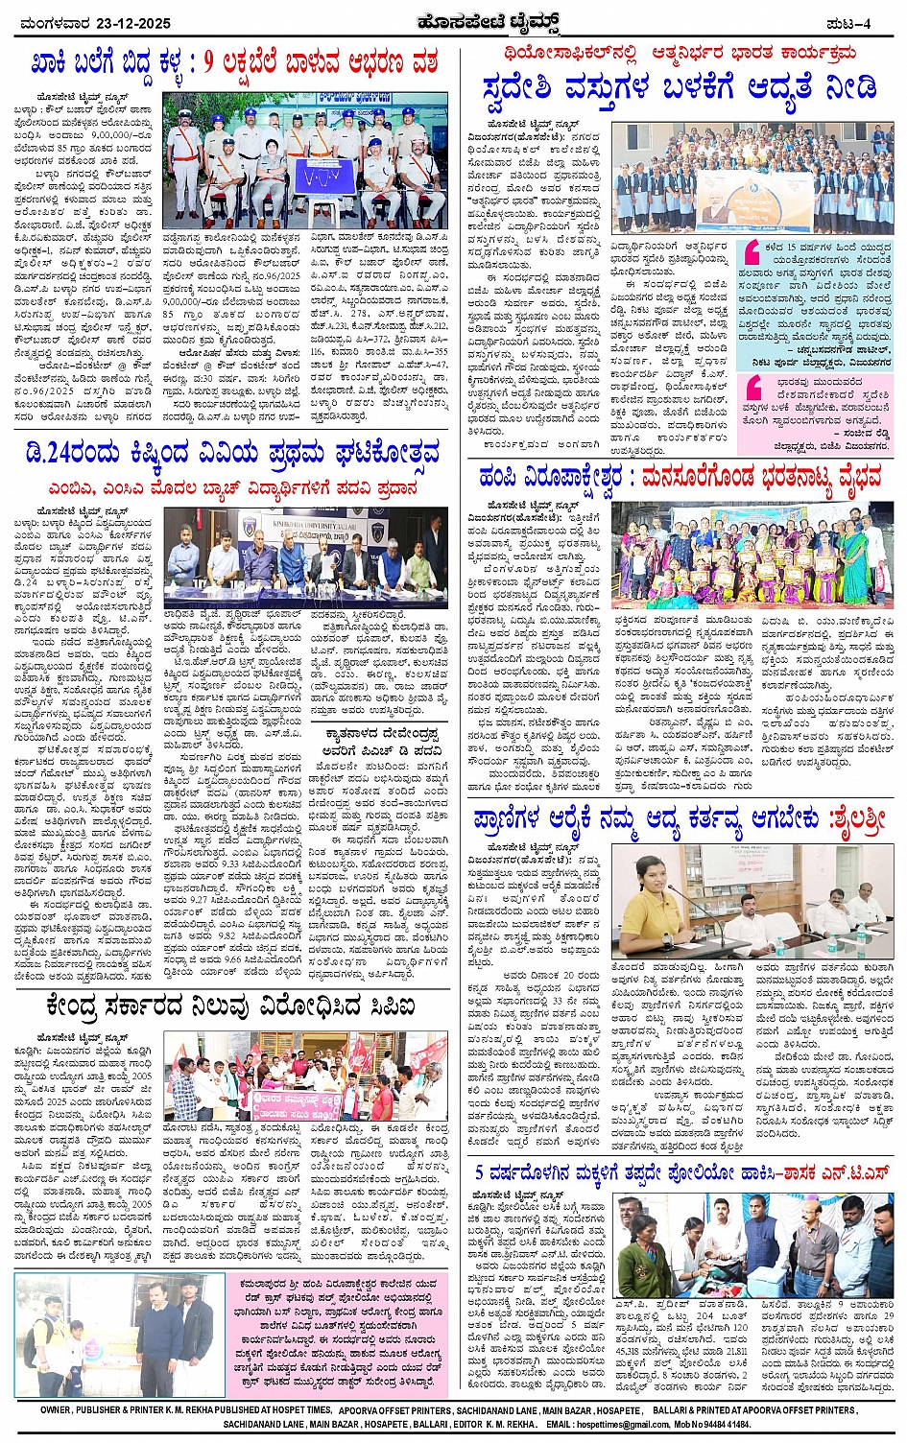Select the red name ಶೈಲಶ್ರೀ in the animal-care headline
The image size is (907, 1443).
[850, 822]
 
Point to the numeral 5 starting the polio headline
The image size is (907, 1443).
[480, 1171]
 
